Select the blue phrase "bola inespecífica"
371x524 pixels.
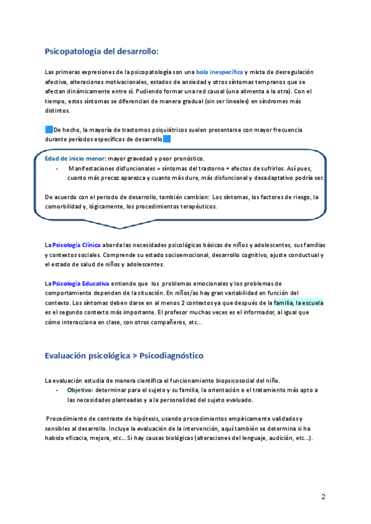point(220,72)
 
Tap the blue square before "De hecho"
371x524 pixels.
point(49,129)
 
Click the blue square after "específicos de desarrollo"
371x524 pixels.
point(167,139)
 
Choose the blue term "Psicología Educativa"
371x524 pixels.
point(83,283)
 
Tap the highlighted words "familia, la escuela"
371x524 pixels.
point(298,303)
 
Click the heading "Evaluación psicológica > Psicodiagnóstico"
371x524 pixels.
point(124,357)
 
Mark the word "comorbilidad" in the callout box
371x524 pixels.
point(64,206)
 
